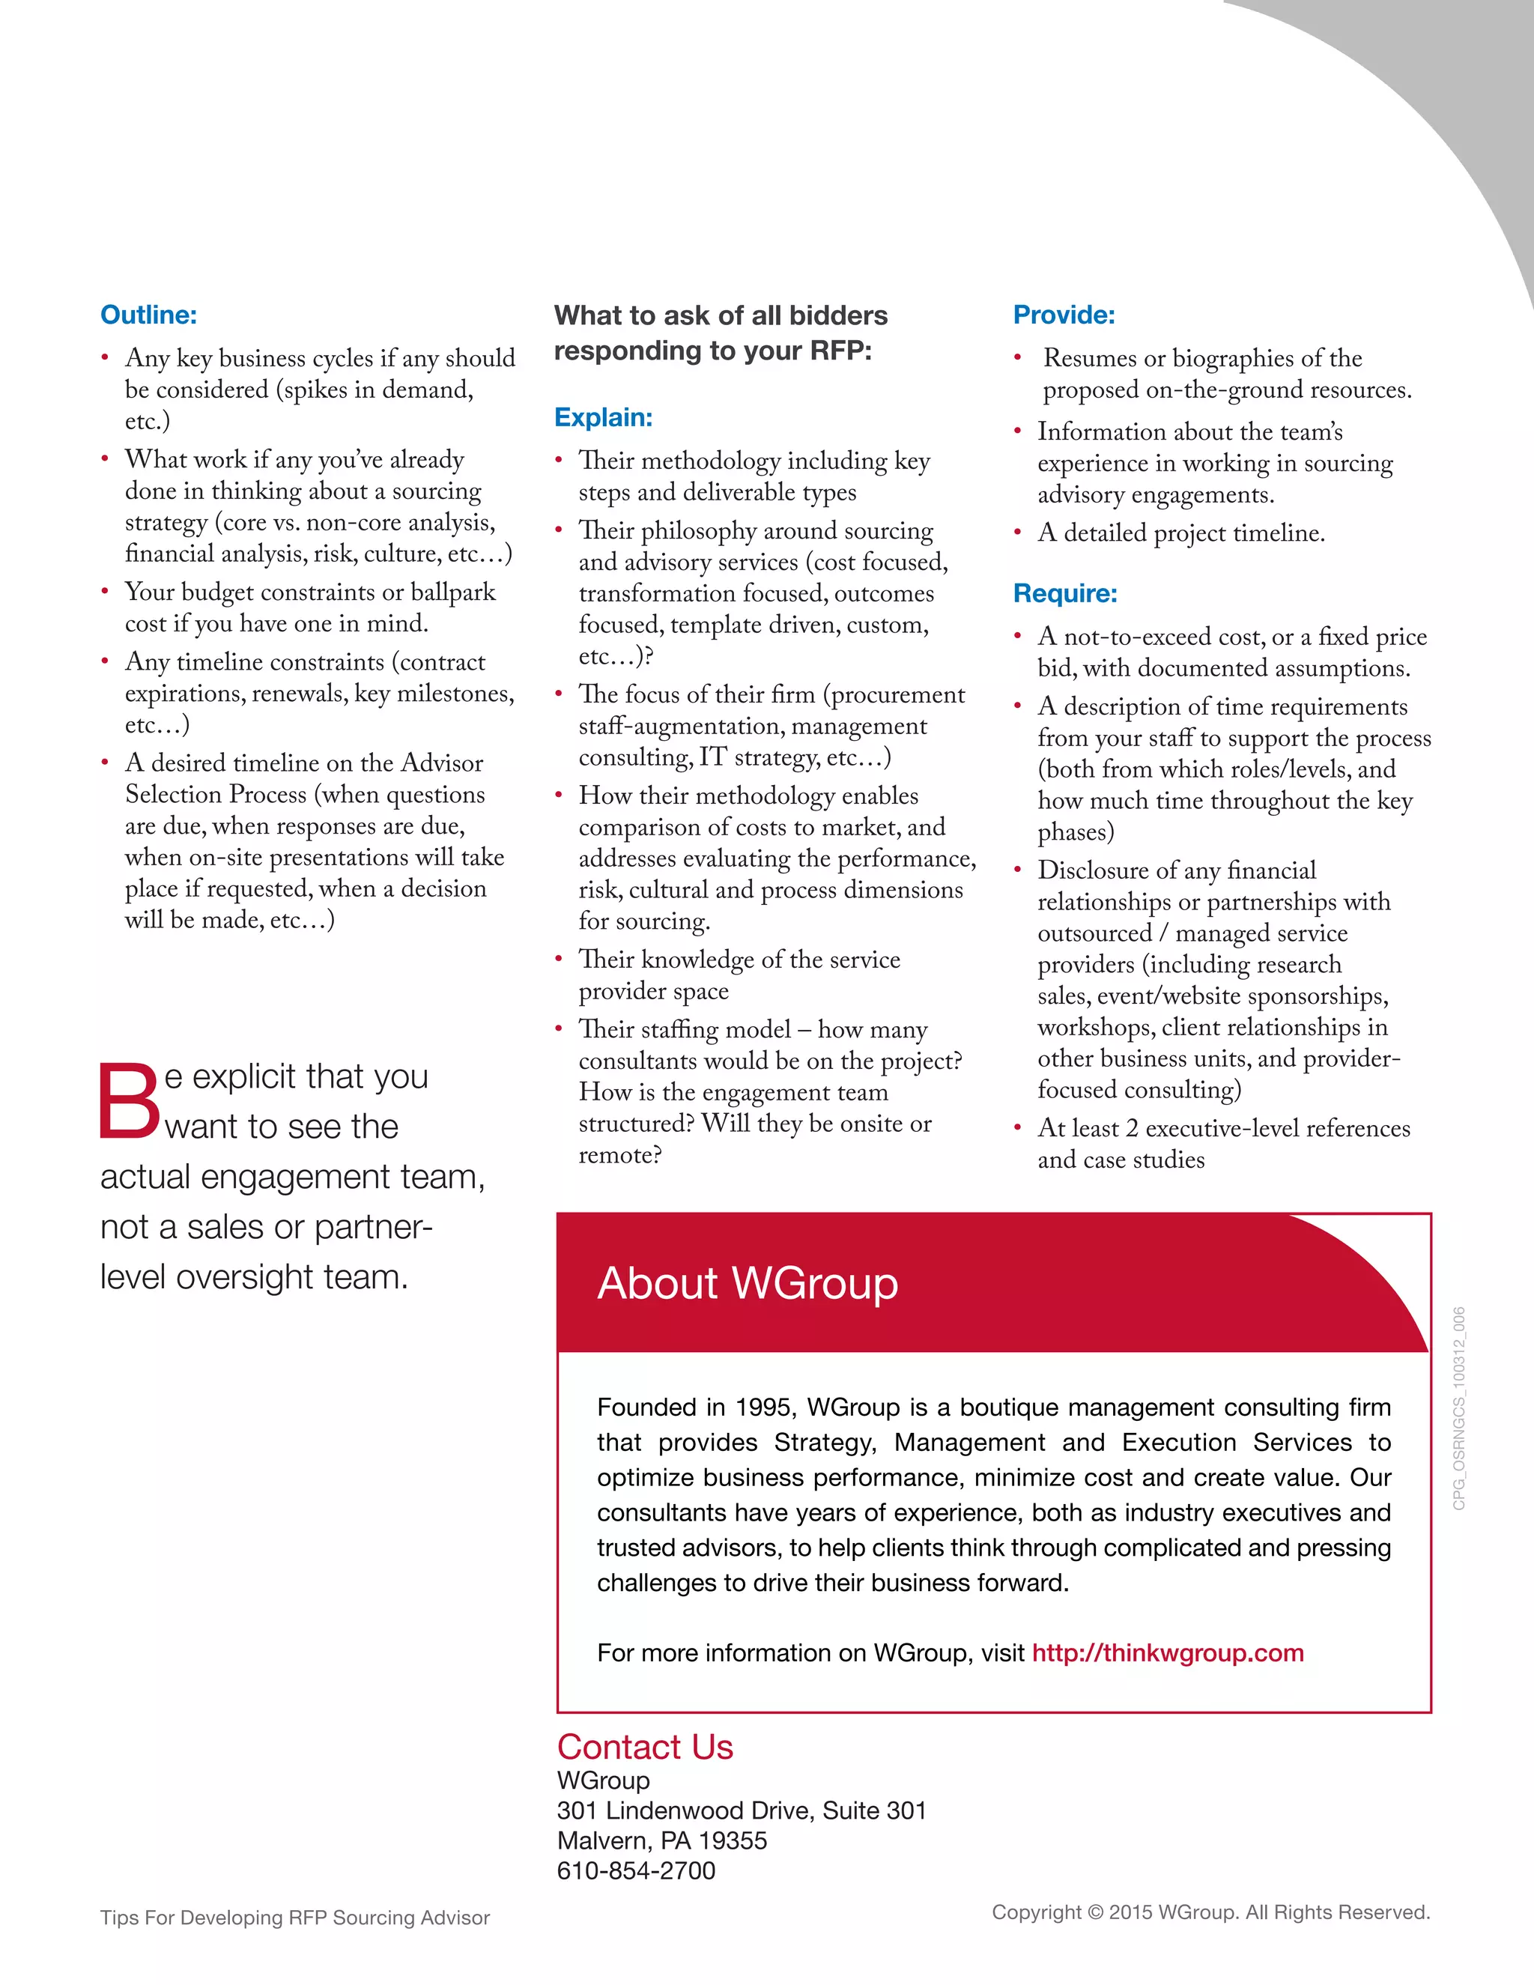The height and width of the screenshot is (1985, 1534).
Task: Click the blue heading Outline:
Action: click(x=148, y=315)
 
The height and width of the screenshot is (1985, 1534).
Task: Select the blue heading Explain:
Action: click(x=604, y=418)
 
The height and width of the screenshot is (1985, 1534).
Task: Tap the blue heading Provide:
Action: click(x=1064, y=315)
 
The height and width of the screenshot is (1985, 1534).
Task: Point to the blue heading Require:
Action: click(x=1065, y=593)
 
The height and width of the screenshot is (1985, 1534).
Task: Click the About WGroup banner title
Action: click(x=747, y=1283)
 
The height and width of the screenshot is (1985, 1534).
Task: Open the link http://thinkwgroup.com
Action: click(x=1167, y=1652)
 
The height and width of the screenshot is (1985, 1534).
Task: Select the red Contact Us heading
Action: click(x=644, y=1747)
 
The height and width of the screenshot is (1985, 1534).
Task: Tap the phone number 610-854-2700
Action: click(x=636, y=1870)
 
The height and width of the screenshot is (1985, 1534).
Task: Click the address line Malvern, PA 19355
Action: click(x=661, y=1840)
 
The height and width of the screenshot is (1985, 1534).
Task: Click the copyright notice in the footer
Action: click(x=1210, y=1912)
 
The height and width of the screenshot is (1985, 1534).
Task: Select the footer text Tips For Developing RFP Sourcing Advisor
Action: click(x=294, y=1918)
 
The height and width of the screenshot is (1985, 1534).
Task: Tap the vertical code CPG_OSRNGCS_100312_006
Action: click(x=1458, y=1408)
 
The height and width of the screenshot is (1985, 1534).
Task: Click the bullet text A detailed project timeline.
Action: click(x=1180, y=533)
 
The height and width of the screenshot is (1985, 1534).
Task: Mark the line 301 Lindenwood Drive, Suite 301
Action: click(x=742, y=1810)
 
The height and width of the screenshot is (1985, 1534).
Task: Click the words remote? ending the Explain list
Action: click(x=619, y=1155)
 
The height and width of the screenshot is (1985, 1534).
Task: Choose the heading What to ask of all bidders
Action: click(x=721, y=315)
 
